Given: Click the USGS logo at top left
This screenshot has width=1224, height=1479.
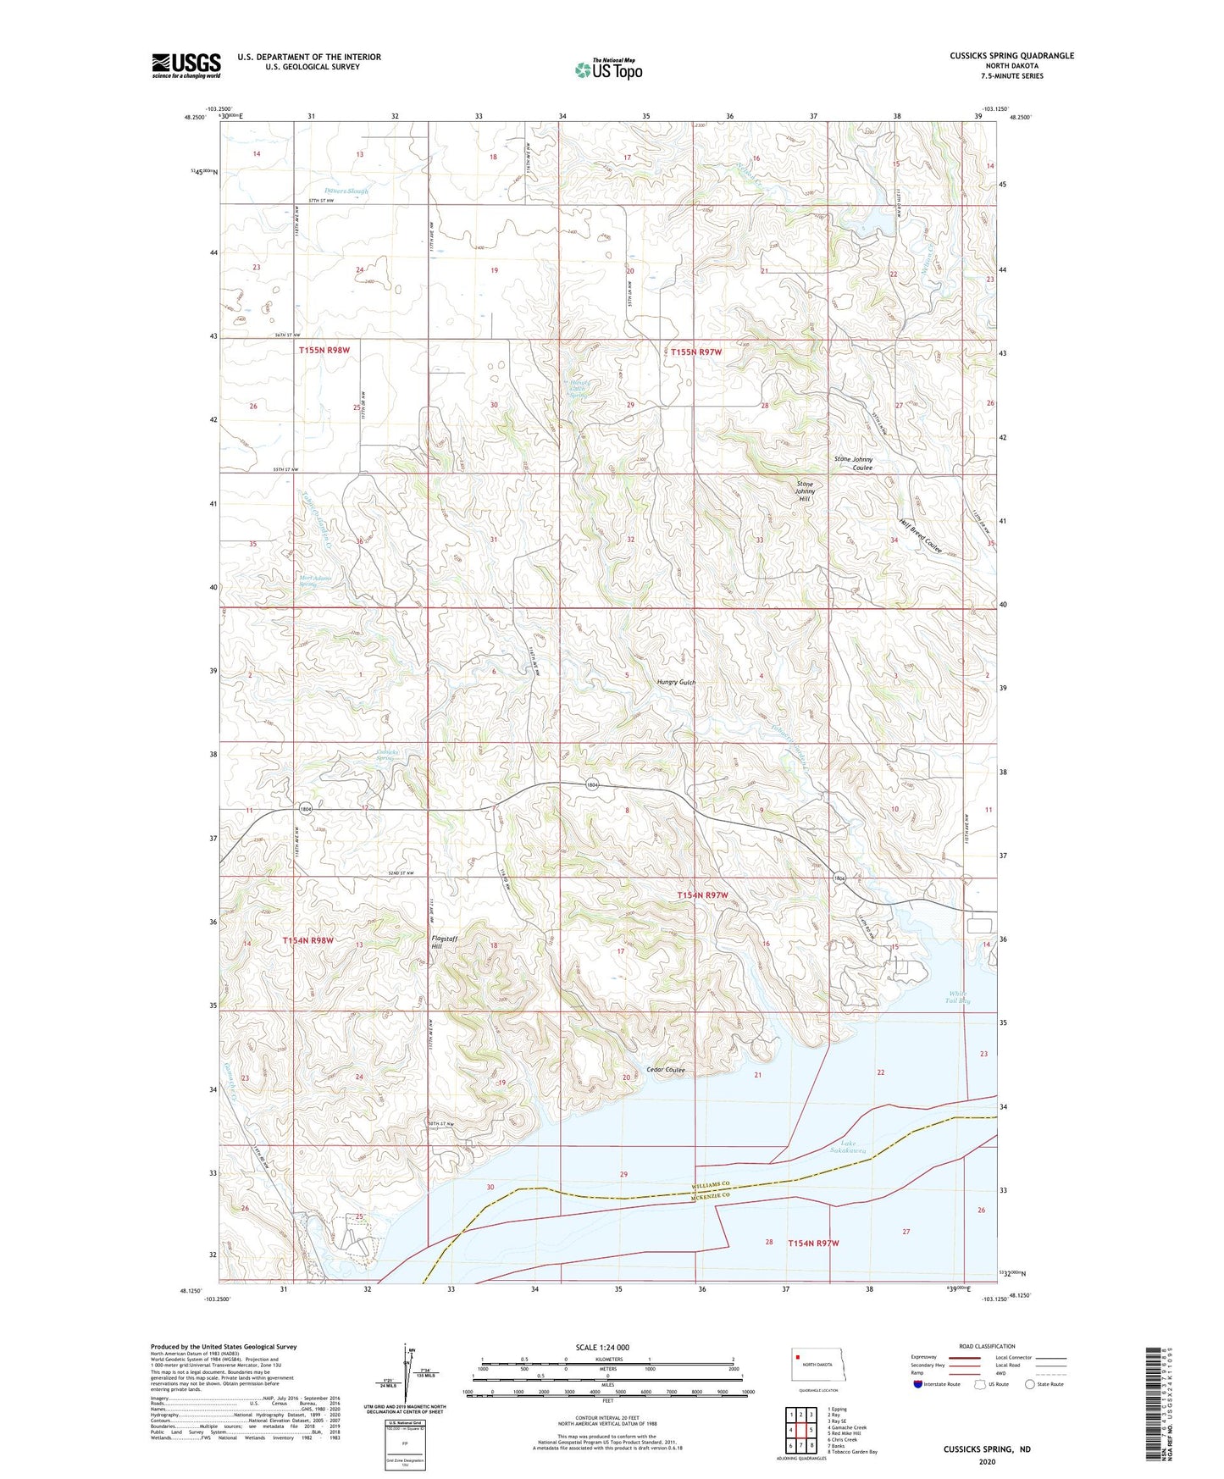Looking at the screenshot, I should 186,65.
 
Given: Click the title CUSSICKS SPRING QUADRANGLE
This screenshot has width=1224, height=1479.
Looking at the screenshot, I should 1011,56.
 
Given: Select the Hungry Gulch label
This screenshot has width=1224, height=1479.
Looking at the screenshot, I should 676,682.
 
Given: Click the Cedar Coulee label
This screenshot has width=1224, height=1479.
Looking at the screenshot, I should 665,1070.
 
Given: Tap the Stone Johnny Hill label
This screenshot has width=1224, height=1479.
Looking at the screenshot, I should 805,491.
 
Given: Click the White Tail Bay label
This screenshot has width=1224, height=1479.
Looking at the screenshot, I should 958,997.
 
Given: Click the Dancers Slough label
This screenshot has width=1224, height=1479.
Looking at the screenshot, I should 346,191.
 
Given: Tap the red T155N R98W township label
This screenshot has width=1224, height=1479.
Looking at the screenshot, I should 324,350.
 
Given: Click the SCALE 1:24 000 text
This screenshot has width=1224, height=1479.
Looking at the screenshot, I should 602,1347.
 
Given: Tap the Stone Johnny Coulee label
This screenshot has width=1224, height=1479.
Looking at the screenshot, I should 853,463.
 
